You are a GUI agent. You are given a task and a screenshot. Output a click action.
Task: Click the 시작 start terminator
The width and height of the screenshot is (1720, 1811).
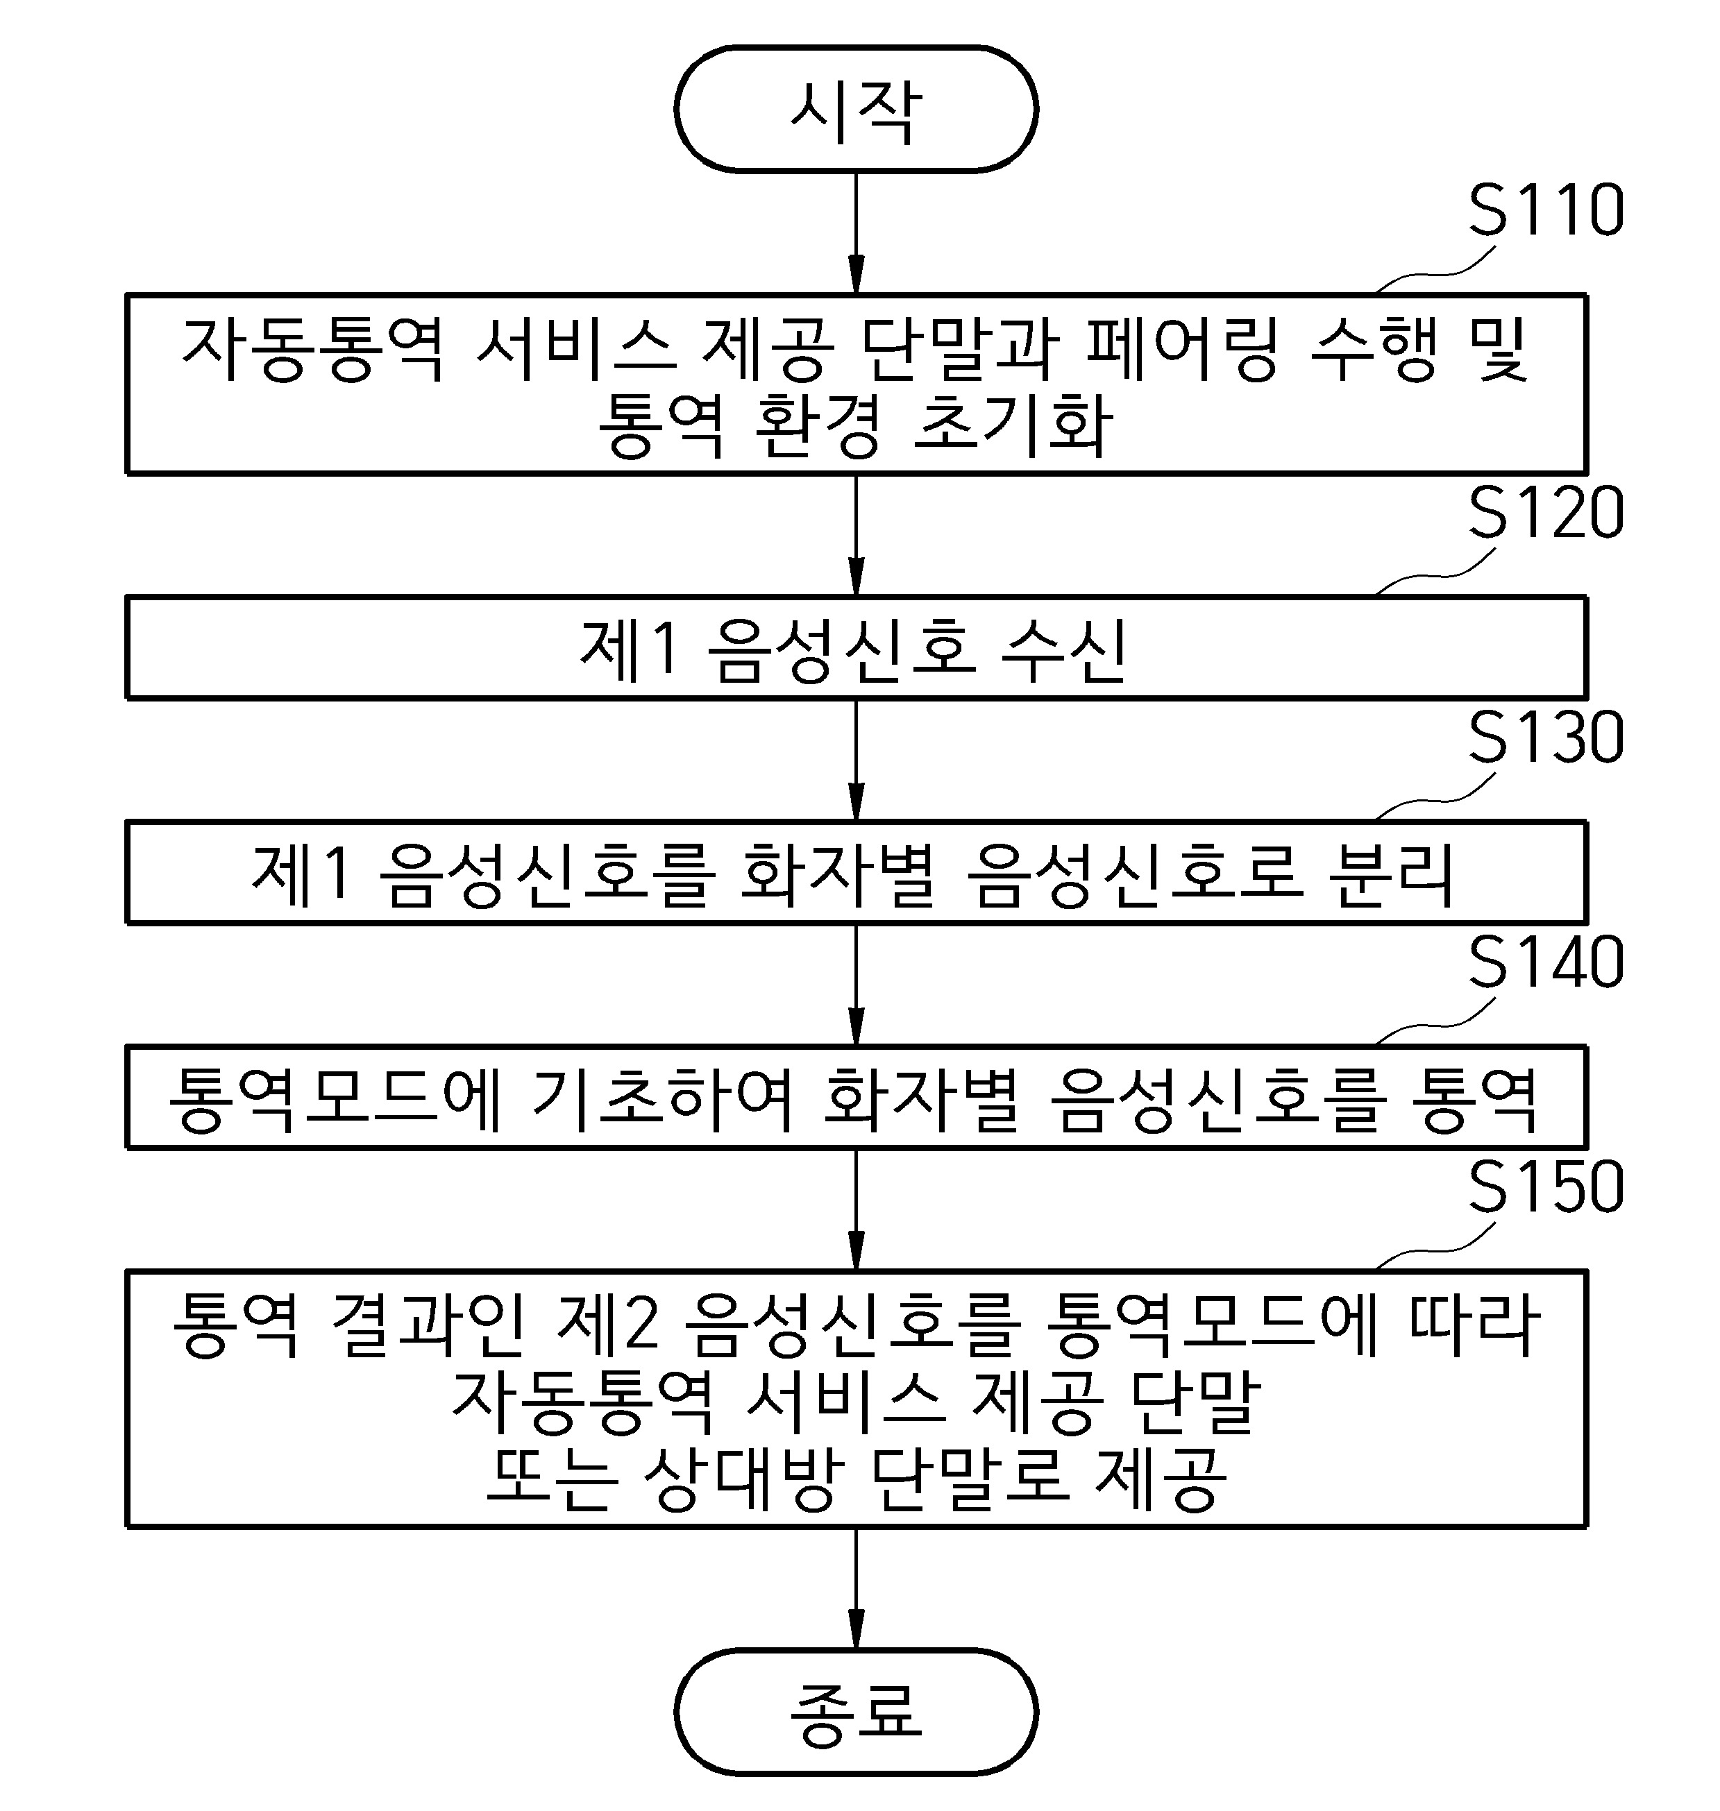tap(855, 109)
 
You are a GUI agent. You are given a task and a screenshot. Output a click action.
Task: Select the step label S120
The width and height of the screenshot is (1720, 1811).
tap(1546, 513)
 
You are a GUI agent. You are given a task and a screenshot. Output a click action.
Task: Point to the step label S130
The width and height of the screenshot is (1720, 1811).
tap(1546, 738)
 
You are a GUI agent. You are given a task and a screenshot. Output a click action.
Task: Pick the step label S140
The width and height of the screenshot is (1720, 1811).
tap(1546, 962)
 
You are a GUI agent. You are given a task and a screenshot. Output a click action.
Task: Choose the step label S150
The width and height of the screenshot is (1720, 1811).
tap(1546, 1187)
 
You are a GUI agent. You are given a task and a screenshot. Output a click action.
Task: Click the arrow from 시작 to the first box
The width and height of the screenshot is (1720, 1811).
tap(855, 232)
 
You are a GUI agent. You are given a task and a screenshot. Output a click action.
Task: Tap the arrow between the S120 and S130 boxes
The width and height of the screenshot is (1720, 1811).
tap(855, 760)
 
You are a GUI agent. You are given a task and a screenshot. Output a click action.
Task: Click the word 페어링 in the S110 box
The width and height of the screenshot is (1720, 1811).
tap(1183, 349)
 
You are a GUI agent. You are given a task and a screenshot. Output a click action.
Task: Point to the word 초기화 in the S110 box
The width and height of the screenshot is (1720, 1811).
tap(1013, 426)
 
